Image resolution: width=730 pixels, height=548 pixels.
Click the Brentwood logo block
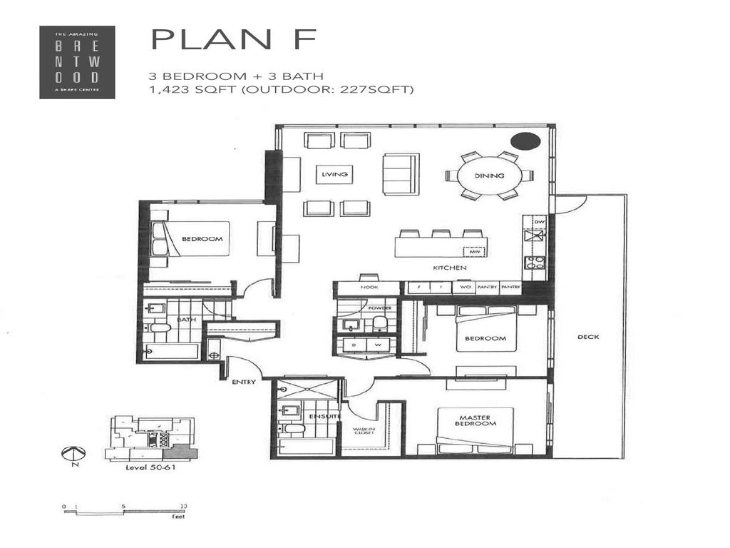point(76,62)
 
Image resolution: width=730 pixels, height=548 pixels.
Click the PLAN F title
point(234,40)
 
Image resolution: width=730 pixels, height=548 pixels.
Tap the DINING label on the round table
point(490,176)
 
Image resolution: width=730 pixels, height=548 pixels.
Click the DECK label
point(588,337)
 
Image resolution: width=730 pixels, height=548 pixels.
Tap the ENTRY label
point(243,382)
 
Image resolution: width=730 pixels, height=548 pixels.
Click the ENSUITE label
point(329,415)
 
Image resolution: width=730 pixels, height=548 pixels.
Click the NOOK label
point(369,288)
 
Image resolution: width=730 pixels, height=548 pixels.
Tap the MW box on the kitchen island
point(473,251)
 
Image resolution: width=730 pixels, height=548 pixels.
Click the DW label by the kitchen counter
point(539,222)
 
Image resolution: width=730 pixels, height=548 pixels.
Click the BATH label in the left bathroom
point(187,320)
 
